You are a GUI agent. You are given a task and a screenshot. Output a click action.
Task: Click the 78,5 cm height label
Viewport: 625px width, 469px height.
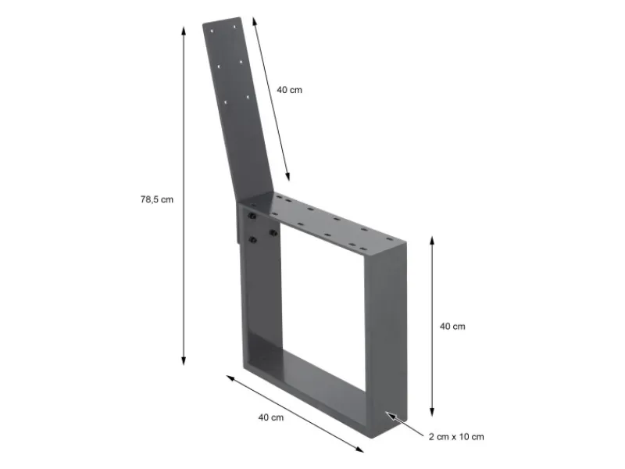tap(156, 199)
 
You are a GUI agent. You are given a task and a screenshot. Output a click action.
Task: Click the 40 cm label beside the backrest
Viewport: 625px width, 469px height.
tap(289, 90)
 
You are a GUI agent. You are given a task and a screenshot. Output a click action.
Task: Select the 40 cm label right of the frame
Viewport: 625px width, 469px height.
tap(452, 326)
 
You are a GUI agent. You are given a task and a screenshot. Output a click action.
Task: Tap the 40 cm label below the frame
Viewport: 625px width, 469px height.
tap(270, 417)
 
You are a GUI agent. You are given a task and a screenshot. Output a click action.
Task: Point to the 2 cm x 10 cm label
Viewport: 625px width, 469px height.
tap(455, 436)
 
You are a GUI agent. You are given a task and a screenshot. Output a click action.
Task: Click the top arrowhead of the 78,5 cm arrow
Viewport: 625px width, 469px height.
tap(184, 30)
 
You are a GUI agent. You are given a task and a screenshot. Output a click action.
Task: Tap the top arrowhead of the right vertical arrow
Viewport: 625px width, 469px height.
tap(432, 238)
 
